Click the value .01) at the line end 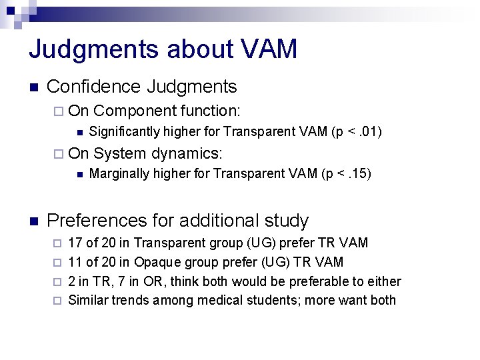coord(368,131)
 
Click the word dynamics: coord(187,153)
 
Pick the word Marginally coord(117,175)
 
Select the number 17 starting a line coord(76,243)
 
